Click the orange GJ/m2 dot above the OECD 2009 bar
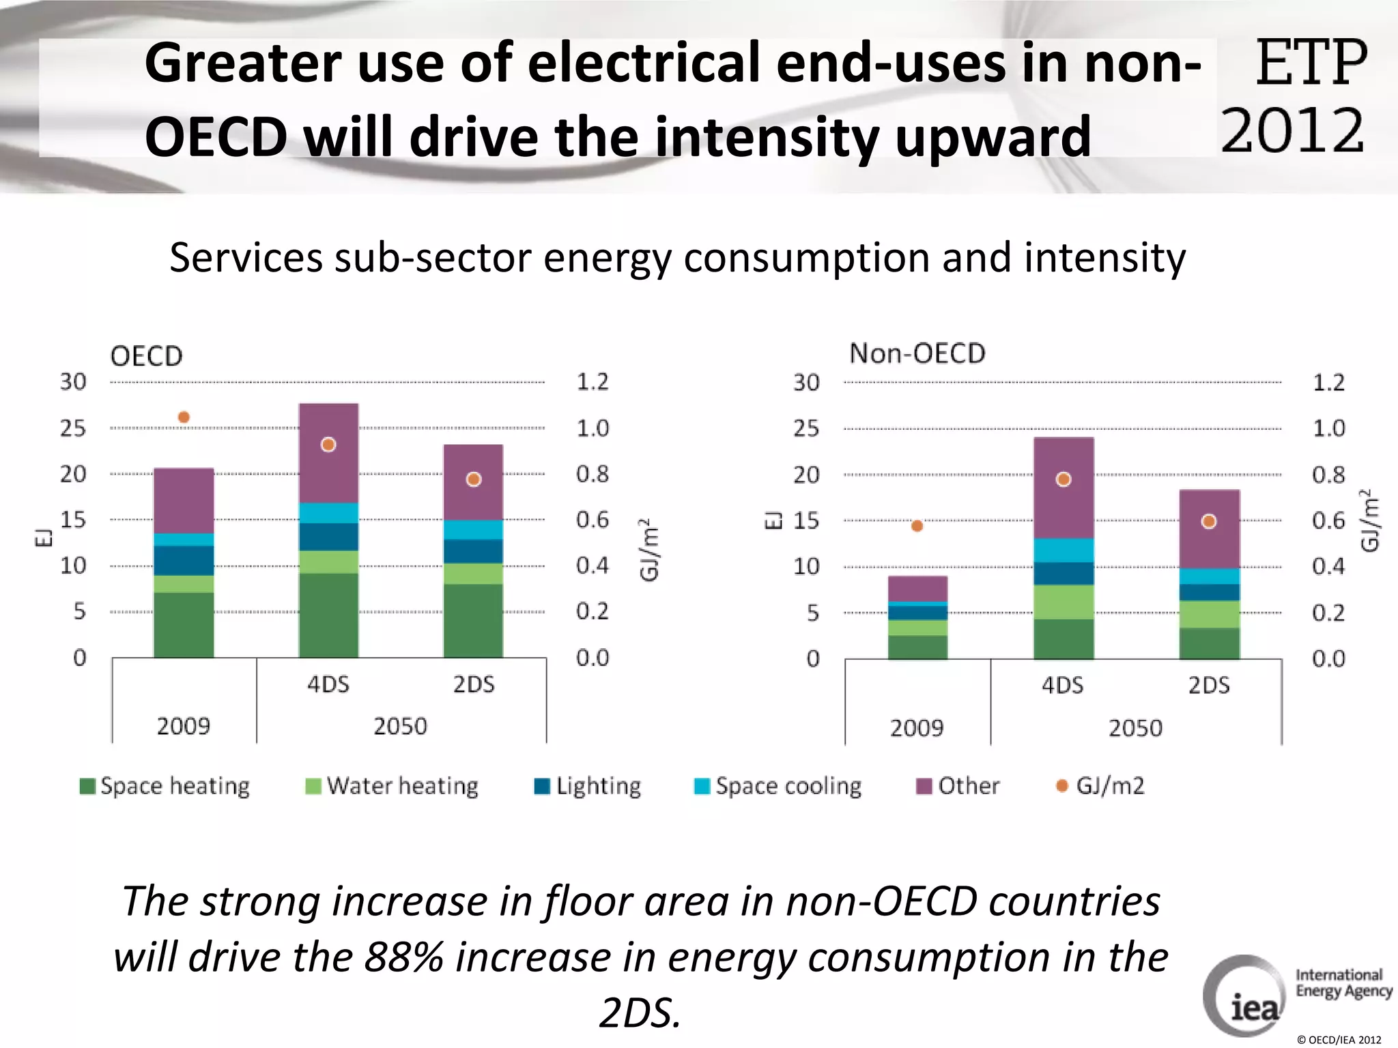point(184,417)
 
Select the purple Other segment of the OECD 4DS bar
point(328,471)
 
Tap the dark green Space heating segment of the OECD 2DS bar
point(473,620)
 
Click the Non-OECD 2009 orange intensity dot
point(917,525)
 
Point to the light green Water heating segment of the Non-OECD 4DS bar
point(1064,602)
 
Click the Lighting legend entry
point(588,786)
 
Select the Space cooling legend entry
point(778,786)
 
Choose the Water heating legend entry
point(392,786)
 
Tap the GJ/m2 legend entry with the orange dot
point(1100,786)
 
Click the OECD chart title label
point(147,356)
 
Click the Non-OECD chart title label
point(917,353)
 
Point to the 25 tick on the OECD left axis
point(73,428)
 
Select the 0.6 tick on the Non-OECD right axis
point(1328,521)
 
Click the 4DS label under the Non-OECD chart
point(1062,685)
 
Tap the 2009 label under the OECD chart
point(184,726)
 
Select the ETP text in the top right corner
point(1311,63)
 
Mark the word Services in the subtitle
point(246,258)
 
